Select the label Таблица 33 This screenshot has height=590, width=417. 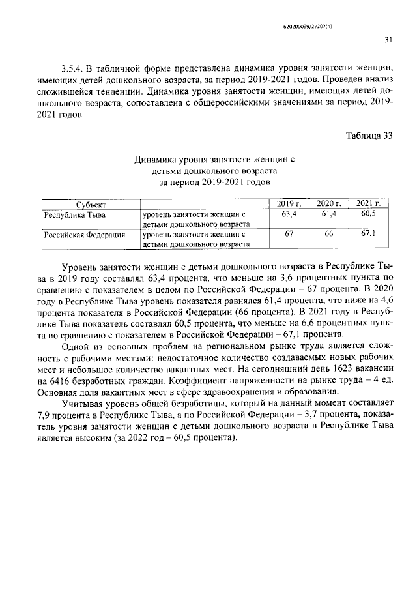tap(368, 136)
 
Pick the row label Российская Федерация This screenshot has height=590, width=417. tap(83, 235)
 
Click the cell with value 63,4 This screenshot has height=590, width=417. tap(289, 214)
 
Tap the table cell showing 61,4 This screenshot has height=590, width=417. tap(328, 214)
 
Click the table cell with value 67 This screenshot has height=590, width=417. tap(289, 235)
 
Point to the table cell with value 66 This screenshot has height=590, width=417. tap(328, 235)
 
